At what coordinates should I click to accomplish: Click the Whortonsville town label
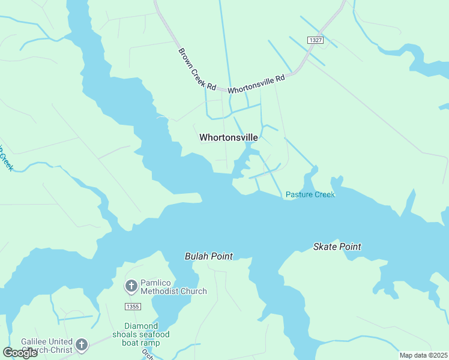tap(229, 137)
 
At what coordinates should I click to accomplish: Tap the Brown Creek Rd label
tap(197, 69)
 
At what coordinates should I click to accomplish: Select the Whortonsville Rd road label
tap(256, 83)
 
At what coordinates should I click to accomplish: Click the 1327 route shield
tap(315, 40)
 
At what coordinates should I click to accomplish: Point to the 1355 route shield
tap(133, 307)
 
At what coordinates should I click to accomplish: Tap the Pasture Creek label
tap(310, 194)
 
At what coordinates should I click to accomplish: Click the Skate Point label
tap(337, 247)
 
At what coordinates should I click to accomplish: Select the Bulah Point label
tap(208, 256)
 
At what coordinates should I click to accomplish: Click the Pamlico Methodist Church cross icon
tap(131, 286)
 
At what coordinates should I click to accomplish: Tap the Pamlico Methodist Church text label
tap(173, 287)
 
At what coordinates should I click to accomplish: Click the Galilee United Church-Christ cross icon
tap(81, 345)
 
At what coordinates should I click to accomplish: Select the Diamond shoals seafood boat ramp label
tap(140, 334)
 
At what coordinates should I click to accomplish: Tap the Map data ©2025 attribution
tap(424, 355)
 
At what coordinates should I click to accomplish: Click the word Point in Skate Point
tap(351, 247)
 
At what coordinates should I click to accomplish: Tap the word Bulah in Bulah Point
tap(196, 256)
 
